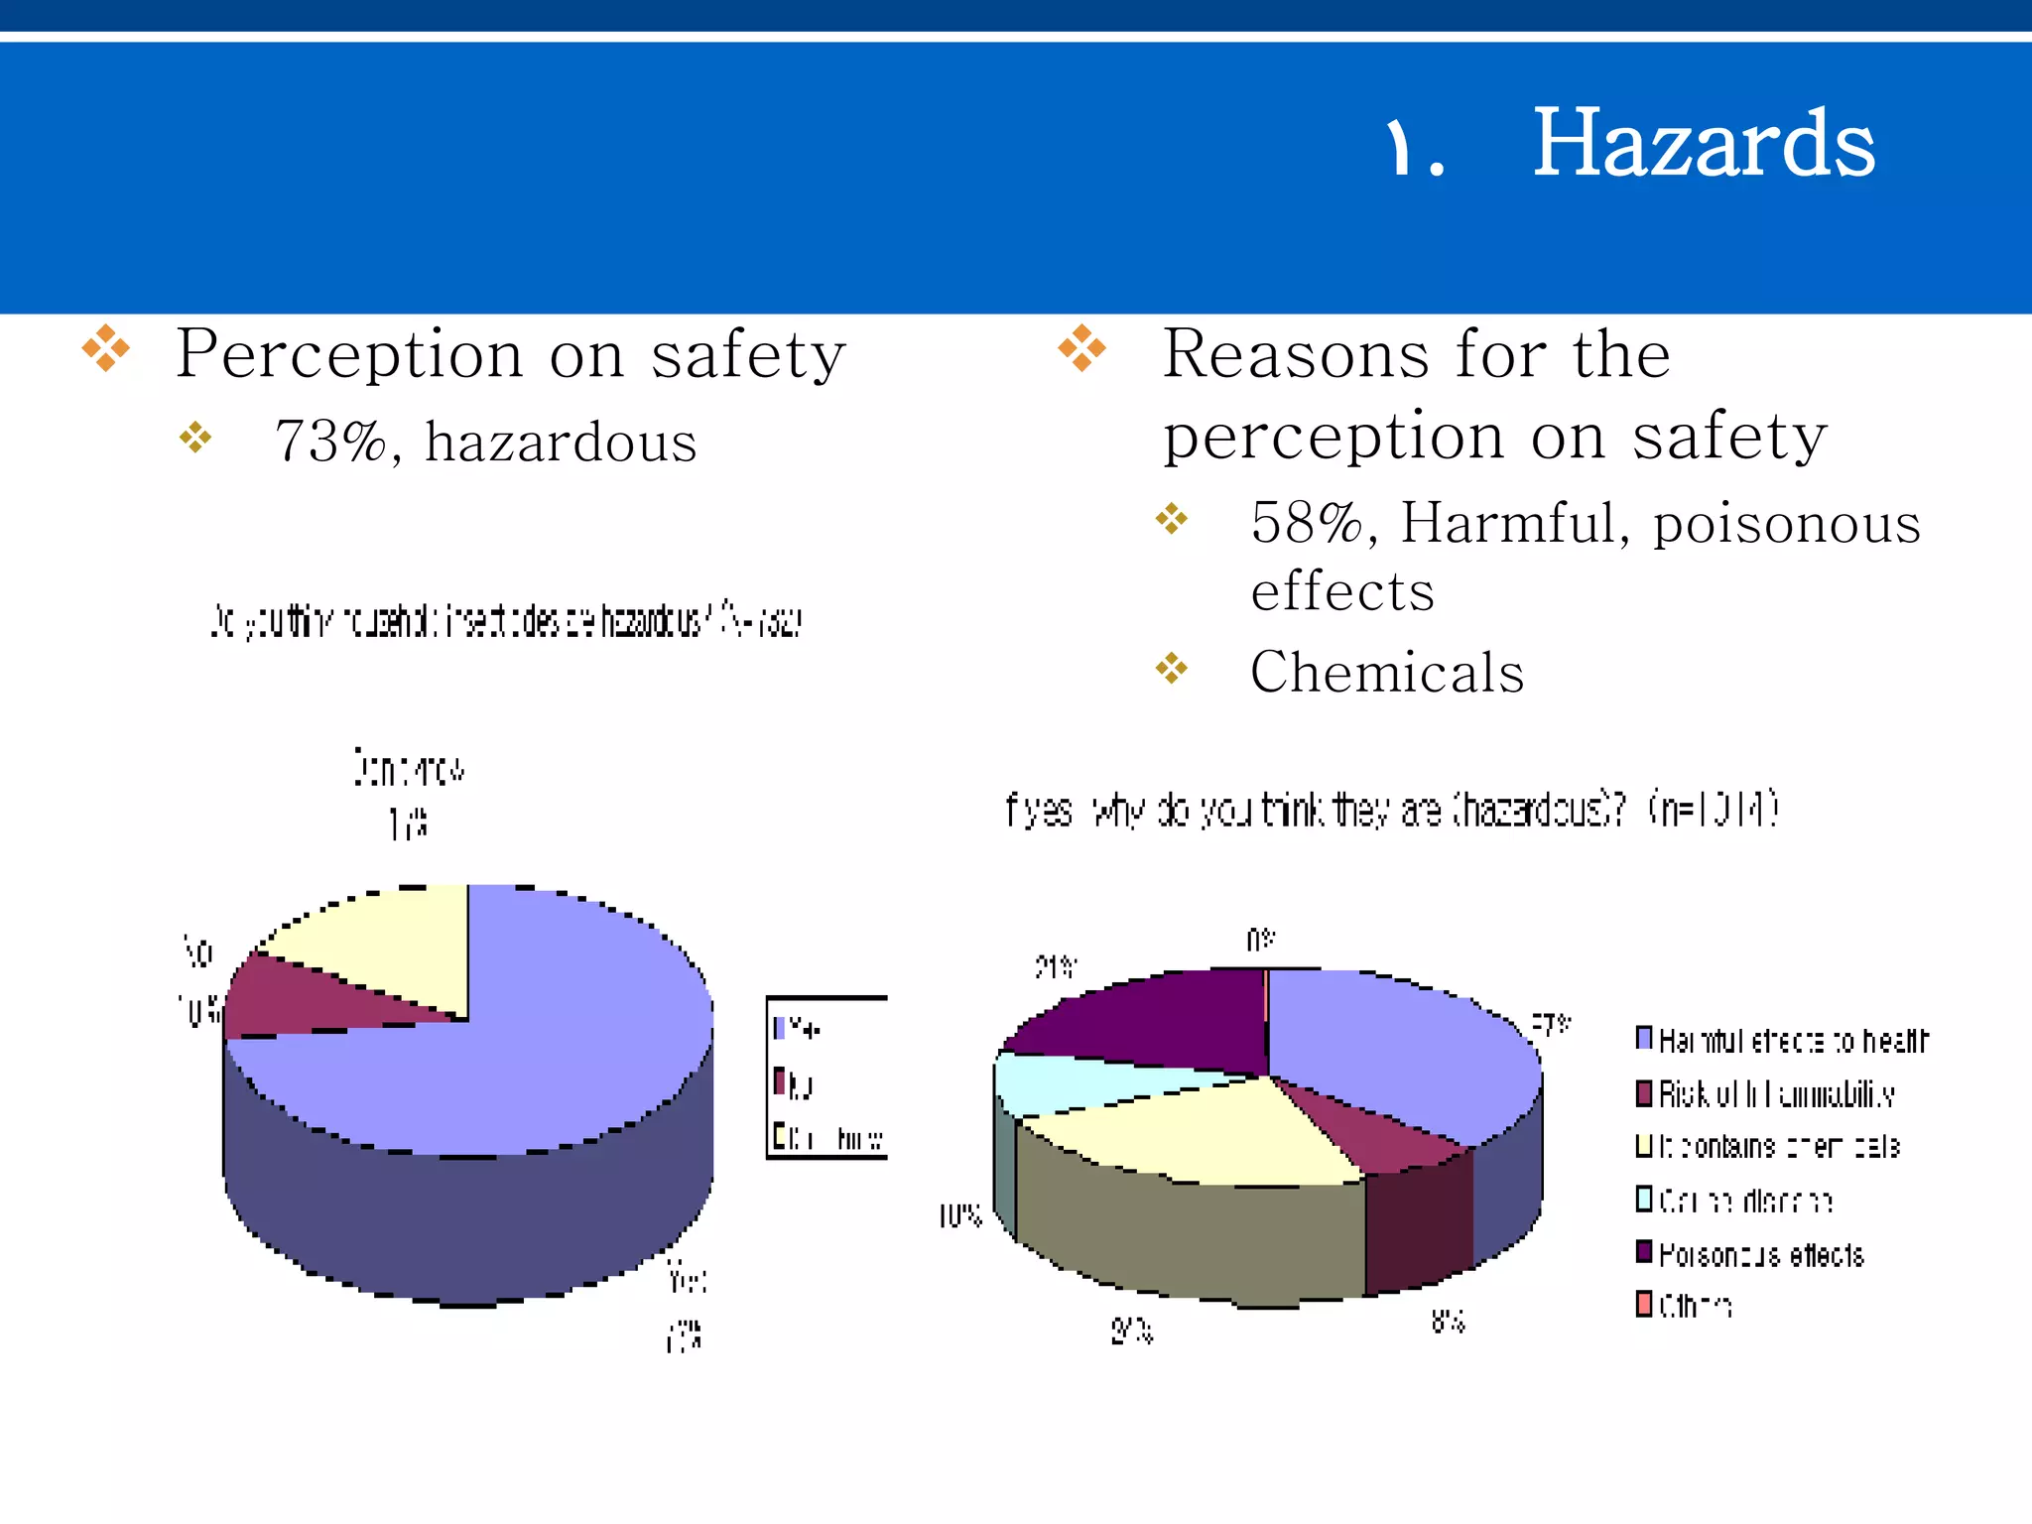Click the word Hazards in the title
pos(1703,145)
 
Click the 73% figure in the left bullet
pos(330,442)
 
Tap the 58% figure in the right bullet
pos(1307,523)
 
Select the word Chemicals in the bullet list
pos(1386,673)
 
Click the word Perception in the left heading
pos(348,354)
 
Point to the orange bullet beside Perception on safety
pos(105,348)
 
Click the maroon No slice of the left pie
pos(298,997)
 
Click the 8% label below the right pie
pos(1448,1321)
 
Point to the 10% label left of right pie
pos(959,1215)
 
